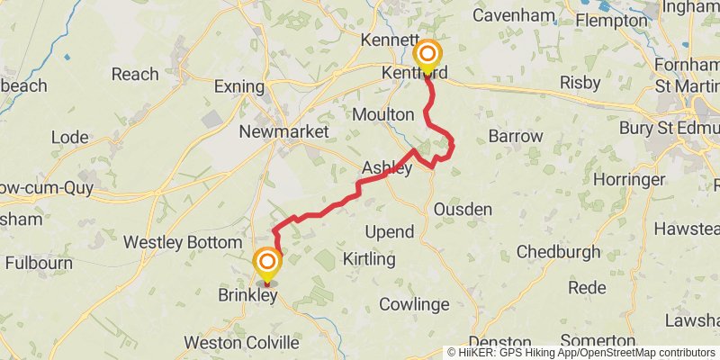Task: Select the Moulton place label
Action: click(x=383, y=115)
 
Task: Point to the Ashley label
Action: click(x=387, y=168)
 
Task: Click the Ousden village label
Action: click(x=463, y=210)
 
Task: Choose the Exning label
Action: click(x=238, y=88)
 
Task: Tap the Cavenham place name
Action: click(x=511, y=16)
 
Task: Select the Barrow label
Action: click(x=516, y=137)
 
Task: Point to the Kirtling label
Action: click(x=369, y=259)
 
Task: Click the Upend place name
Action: click(x=389, y=232)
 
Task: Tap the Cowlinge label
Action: click(x=414, y=304)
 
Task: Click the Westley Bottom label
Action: click(x=183, y=243)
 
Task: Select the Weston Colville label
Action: click(x=241, y=343)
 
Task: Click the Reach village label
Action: click(x=135, y=75)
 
